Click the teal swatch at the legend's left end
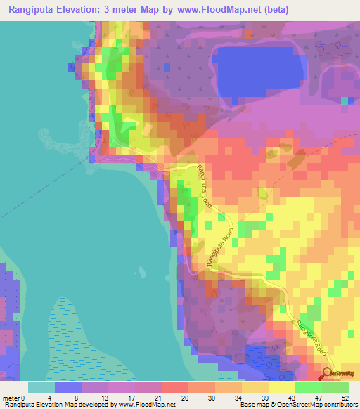click(41, 387)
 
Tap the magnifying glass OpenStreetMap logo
click(328, 373)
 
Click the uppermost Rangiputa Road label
click(204, 185)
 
